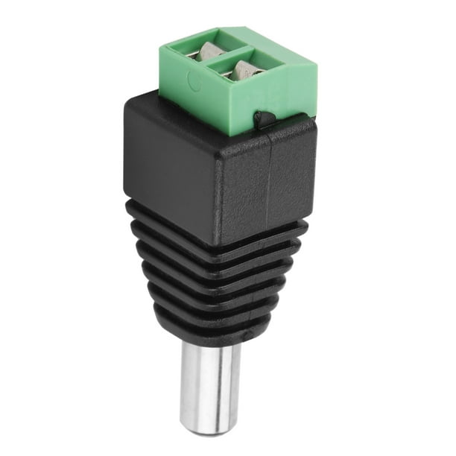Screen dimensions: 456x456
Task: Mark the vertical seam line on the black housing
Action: [x=270, y=186]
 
